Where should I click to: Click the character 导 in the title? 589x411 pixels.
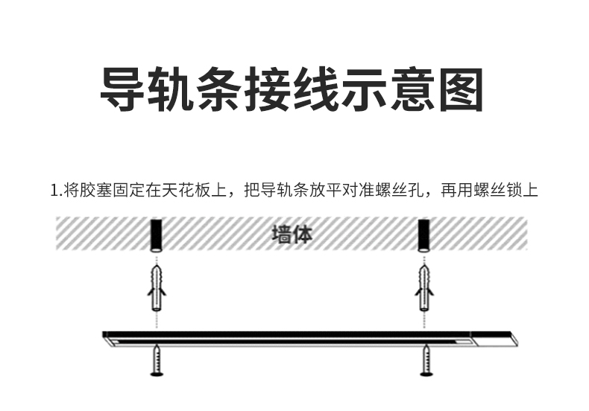click(x=125, y=89)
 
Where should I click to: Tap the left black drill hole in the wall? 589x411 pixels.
click(x=157, y=235)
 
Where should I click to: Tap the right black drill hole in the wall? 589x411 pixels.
click(x=424, y=235)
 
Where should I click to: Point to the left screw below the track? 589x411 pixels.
click(x=157, y=361)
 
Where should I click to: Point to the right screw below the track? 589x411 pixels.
click(x=426, y=361)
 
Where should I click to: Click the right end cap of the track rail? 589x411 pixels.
click(x=493, y=339)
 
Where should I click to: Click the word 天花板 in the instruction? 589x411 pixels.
click(x=192, y=191)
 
